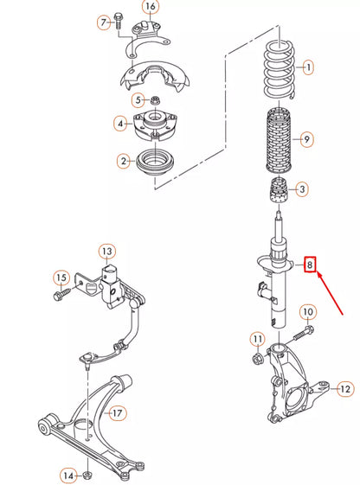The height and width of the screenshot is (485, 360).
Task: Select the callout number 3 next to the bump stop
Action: coord(300,188)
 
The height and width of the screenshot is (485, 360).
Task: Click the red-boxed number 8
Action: coord(310,265)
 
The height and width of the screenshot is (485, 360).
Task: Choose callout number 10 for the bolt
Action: coord(308,311)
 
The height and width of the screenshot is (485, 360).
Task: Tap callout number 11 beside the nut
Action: coord(257,338)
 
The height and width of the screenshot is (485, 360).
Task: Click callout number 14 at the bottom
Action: coord(68,473)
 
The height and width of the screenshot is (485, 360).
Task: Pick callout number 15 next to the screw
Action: coord(61,278)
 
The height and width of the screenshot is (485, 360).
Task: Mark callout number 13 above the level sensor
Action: coord(106,252)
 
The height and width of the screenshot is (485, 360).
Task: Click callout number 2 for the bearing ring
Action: coord(124,160)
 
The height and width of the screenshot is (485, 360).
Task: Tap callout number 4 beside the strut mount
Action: coord(119,124)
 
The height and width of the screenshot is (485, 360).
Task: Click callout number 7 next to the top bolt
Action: coord(104,22)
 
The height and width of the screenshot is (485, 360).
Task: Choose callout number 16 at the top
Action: coord(151,8)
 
